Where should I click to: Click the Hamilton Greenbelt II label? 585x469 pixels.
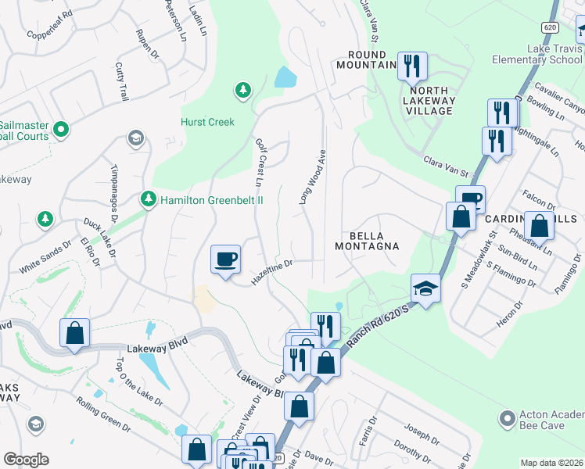pos(211,200)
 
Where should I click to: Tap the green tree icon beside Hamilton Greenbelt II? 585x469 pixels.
pos(148,200)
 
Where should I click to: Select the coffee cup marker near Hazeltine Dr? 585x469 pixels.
pos(225,259)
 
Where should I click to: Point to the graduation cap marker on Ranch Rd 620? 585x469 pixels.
pos(425,289)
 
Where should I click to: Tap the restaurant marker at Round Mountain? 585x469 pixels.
pos(411,66)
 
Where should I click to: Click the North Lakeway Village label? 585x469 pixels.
pos(429,106)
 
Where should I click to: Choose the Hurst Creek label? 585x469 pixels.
pos(207,122)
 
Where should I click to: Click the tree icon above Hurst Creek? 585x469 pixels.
pos(243,91)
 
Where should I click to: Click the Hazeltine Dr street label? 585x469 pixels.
pos(271,271)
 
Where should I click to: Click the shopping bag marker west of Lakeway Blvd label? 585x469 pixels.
pos(74,333)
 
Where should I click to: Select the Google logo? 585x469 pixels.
pos(26,460)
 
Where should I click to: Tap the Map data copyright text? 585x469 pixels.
pos(551,463)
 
